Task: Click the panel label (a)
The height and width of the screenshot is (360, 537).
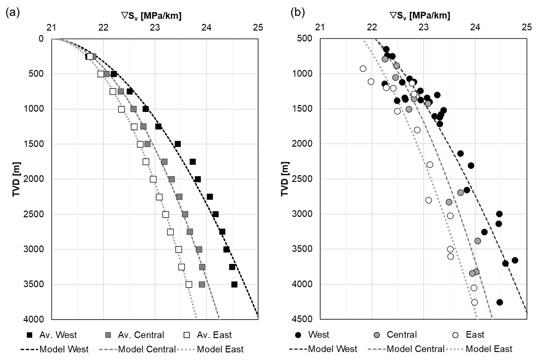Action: (13, 13)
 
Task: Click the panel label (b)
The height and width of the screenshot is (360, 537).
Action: (297, 13)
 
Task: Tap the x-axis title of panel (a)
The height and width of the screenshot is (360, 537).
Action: (151, 16)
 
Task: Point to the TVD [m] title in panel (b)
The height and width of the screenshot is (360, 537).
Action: (285, 179)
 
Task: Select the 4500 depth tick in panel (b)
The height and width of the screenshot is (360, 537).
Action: (302, 319)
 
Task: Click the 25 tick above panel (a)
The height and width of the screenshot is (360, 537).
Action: (258, 27)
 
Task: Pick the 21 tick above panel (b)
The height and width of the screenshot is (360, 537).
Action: (320, 27)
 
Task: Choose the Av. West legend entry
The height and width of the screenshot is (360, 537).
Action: (53, 335)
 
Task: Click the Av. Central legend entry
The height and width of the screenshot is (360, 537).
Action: (136, 335)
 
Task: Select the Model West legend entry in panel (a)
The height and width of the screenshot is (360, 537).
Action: (55, 349)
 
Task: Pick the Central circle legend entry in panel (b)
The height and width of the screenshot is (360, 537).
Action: (396, 335)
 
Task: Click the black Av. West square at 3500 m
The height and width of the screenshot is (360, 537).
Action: (234, 284)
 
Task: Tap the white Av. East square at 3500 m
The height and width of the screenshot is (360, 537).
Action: (189, 284)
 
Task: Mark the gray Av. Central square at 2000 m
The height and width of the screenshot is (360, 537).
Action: (172, 179)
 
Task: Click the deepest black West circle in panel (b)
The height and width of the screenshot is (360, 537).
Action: (500, 302)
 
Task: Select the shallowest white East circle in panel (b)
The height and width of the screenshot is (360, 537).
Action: (363, 69)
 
